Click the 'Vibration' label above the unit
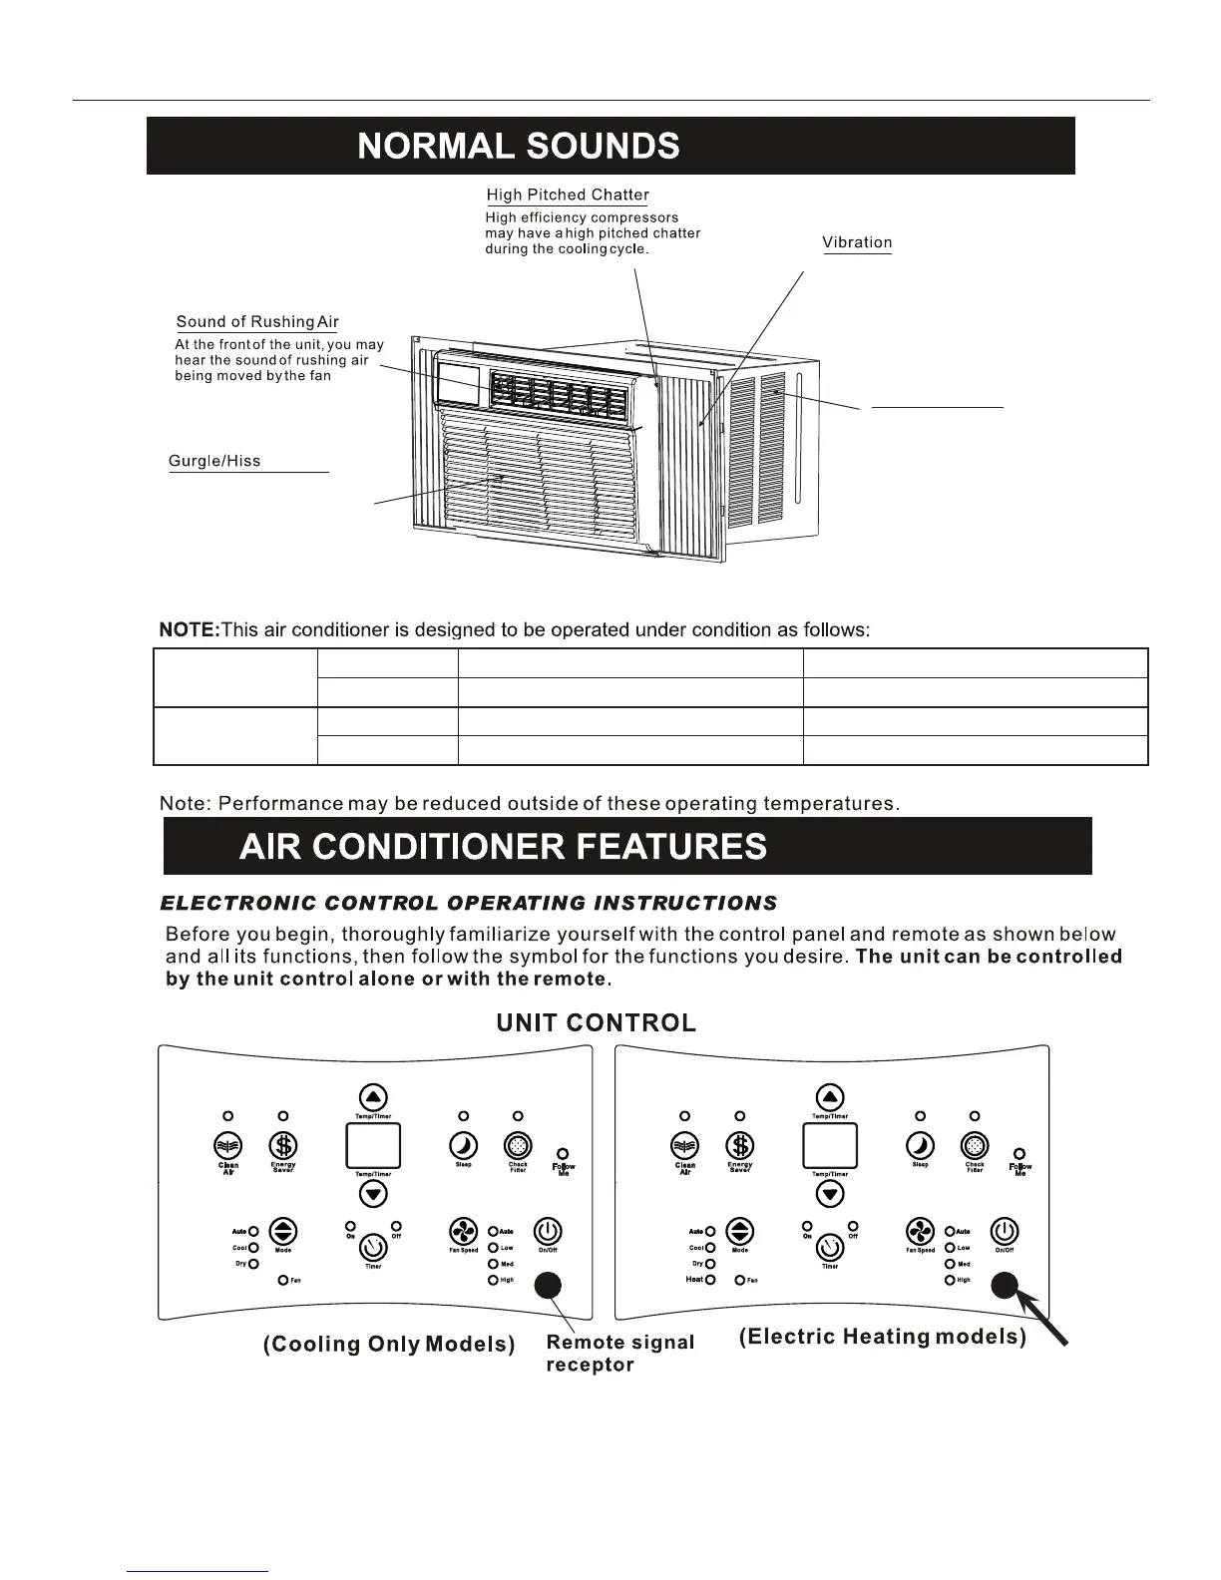point(857,242)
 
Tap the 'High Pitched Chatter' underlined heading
point(567,196)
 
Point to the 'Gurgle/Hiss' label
point(214,461)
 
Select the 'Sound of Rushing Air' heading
point(257,322)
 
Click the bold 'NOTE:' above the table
point(189,630)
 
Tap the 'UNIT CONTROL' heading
point(596,1023)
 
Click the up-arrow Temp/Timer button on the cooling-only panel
point(373,1098)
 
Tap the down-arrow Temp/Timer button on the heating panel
point(830,1194)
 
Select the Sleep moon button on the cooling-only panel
point(464,1146)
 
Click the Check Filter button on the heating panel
point(974,1146)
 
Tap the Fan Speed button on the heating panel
point(920,1231)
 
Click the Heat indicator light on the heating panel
point(710,1280)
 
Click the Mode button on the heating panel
point(739,1231)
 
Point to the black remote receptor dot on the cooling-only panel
point(548,1287)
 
